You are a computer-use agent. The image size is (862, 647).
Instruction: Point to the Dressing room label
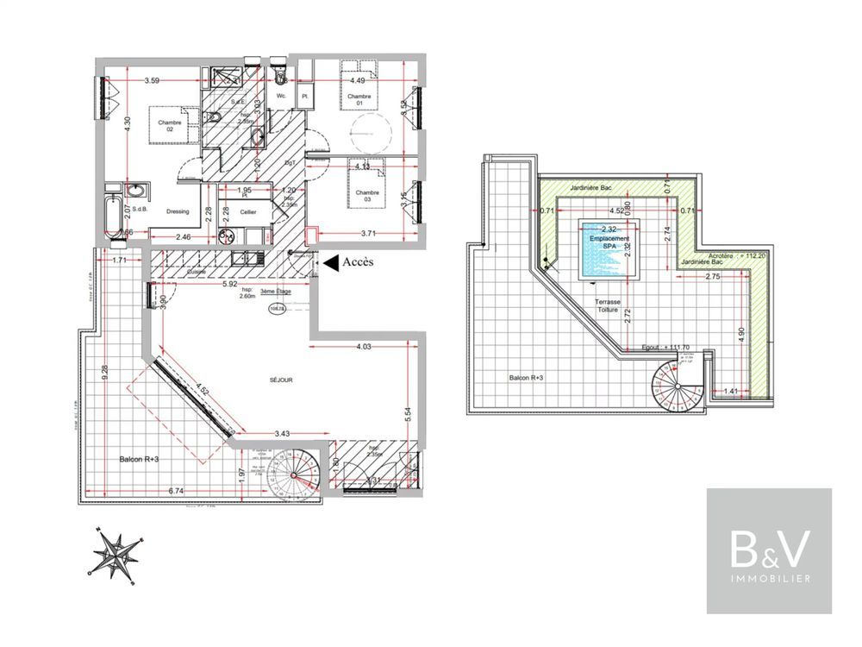178,211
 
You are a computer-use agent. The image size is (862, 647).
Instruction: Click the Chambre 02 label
169,127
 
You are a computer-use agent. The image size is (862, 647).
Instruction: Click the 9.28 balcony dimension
103,372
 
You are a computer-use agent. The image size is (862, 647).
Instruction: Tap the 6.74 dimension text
176,491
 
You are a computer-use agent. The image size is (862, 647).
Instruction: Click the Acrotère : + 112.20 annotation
736,256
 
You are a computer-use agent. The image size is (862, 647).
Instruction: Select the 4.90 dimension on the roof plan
740,334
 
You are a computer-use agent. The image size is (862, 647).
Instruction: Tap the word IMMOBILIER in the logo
769,578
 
